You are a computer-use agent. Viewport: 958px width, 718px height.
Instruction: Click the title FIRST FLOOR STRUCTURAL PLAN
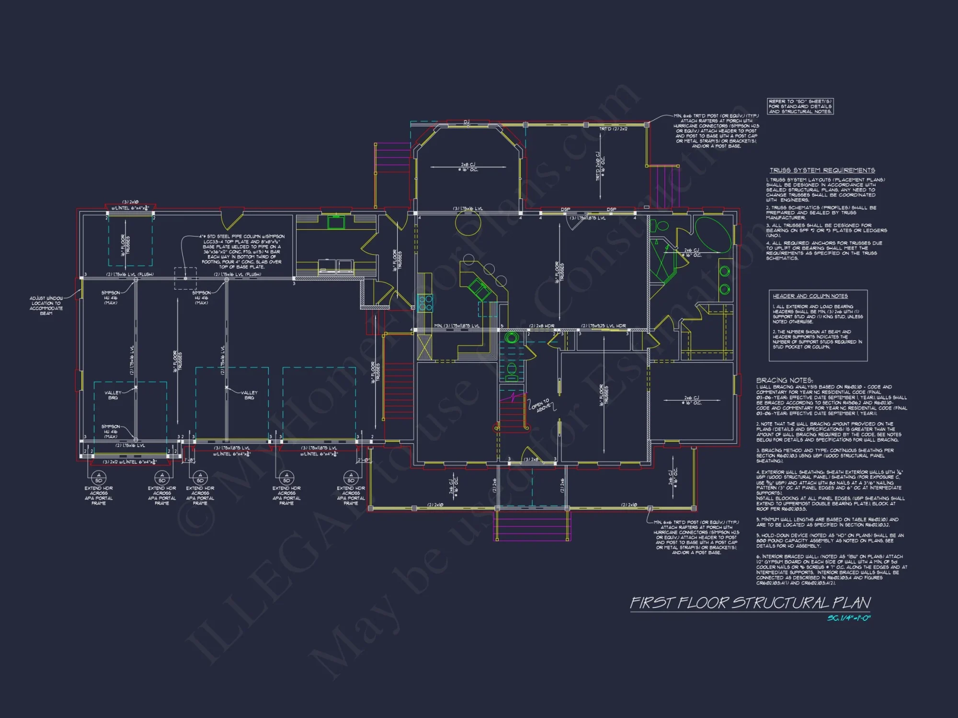click(750, 603)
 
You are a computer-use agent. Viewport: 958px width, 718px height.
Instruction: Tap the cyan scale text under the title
click(849, 618)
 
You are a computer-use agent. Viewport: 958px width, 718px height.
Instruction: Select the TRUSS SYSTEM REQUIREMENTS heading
click(822, 170)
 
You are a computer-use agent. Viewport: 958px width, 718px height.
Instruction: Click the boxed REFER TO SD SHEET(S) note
click(800, 106)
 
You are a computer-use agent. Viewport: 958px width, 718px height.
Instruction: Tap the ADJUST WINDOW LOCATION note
click(46, 305)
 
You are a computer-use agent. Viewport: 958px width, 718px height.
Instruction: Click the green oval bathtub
click(713, 234)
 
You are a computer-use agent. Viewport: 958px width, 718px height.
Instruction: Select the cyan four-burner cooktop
click(425, 303)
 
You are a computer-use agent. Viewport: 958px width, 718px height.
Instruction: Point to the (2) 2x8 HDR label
click(541, 326)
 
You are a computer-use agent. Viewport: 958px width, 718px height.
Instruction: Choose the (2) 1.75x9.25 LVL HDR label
click(603, 326)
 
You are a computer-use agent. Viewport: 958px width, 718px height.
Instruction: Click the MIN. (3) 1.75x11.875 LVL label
click(456, 326)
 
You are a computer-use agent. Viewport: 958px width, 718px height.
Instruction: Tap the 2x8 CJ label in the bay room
click(468, 167)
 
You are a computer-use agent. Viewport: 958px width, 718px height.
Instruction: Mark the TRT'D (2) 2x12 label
click(613, 129)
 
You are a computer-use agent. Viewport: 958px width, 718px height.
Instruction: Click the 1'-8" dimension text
click(189, 460)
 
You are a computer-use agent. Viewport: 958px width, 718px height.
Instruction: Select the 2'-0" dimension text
click(363, 460)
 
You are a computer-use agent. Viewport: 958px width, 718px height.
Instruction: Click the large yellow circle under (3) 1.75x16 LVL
click(468, 222)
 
